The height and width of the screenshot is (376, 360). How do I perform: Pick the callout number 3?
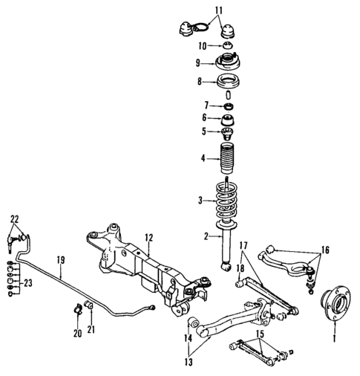pos(198,201)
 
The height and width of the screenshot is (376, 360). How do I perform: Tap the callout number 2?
pos(198,236)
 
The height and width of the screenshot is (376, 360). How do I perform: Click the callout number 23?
pos(29,282)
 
